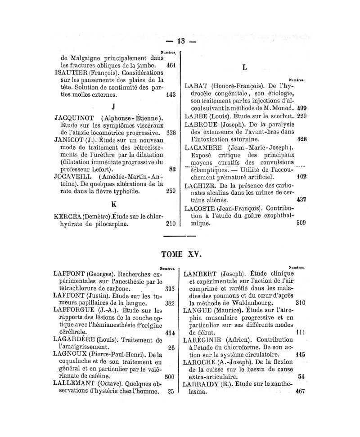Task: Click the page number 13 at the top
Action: tap(181, 41)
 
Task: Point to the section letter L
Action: tap(244, 67)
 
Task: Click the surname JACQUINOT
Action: tap(76, 118)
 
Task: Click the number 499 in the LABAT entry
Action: tap(302, 108)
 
